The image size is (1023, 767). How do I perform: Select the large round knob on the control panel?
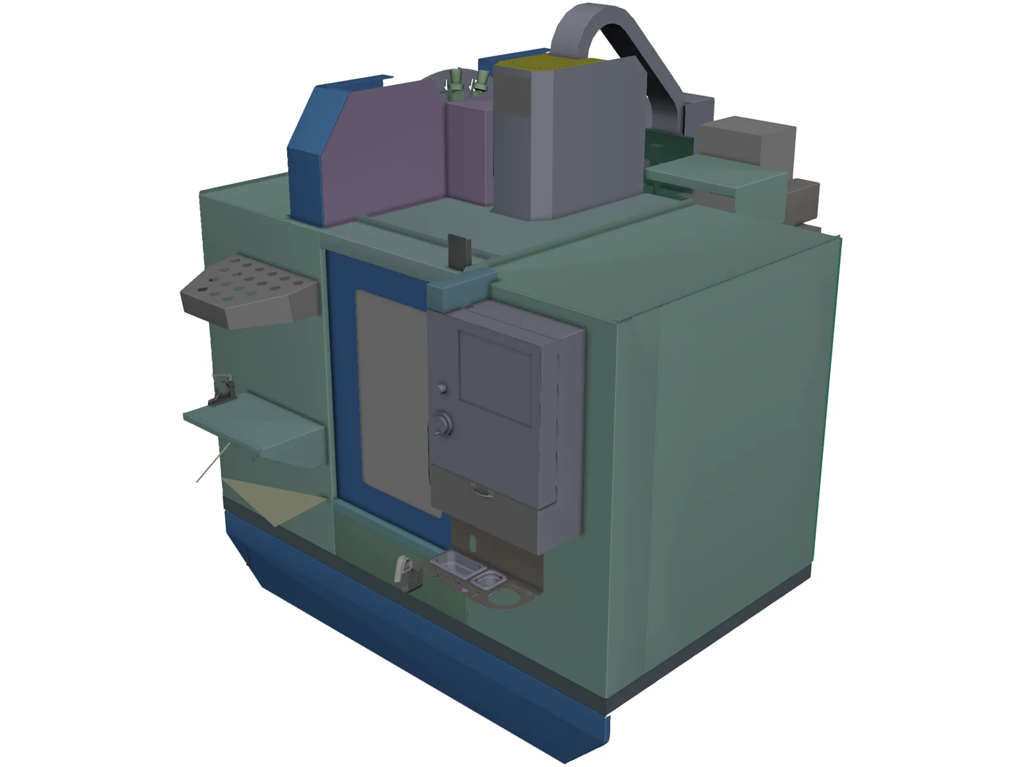442,424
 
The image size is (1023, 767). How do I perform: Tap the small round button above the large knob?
441,388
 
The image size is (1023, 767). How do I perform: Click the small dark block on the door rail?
460,252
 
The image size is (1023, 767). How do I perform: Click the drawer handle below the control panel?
480,490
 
